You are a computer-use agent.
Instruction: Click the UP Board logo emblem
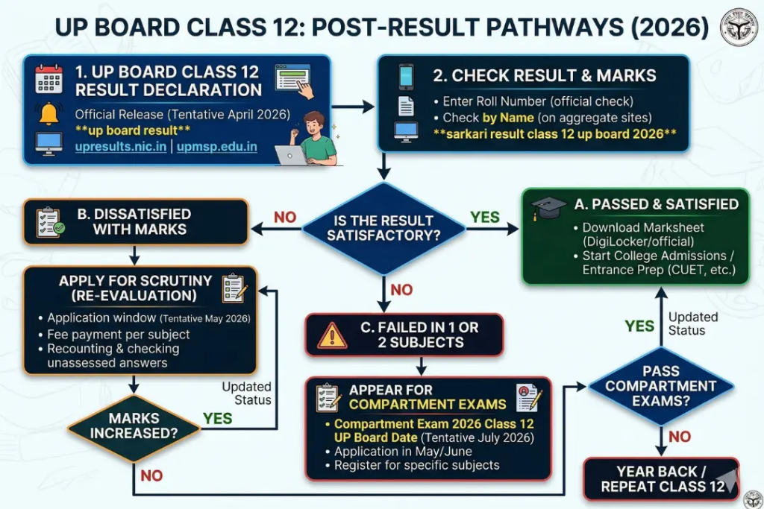point(738,28)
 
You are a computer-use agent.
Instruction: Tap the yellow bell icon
point(49,113)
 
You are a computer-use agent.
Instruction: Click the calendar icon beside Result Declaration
point(49,80)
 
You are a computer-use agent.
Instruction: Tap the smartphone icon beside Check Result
point(406,76)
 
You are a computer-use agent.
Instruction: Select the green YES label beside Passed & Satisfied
point(485,217)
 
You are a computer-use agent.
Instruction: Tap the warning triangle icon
point(332,335)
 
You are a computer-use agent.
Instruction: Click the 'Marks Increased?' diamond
point(134,427)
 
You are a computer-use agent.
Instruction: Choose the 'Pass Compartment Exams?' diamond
point(659,386)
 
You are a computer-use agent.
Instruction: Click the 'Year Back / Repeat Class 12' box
point(660,478)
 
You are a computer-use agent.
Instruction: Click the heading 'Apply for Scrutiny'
point(136,282)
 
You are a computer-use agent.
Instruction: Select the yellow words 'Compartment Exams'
point(428,405)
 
